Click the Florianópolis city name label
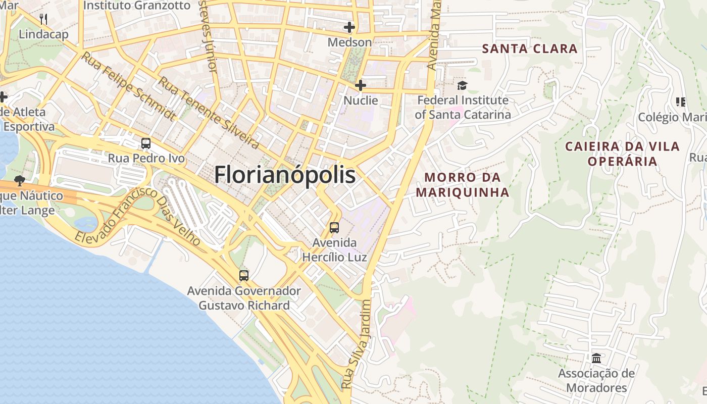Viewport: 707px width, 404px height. (x=285, y=175)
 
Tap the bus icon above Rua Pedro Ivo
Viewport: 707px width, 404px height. (x=146, y=143)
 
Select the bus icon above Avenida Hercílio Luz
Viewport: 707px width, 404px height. (x=334, y=228)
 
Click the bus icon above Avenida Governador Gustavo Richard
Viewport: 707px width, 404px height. (x=244, y=276)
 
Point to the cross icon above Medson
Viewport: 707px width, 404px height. (x=349, y=27)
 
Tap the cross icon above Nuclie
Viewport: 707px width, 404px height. (x=360, y=85)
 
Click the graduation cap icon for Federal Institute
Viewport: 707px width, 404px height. (x=463, y=85)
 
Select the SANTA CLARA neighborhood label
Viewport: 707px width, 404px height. (x=530, y=49)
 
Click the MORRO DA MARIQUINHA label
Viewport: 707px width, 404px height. (x=462, y=185)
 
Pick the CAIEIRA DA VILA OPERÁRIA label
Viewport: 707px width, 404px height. (x=622, y=154)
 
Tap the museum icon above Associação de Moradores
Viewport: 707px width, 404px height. (x=596, y=359)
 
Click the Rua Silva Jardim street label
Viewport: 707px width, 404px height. (x=356, y=344)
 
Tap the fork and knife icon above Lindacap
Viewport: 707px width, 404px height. (x=43, y=20)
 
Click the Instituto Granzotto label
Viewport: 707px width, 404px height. (x=137, y=6)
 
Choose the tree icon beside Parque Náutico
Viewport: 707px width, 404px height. (x=20, y=180)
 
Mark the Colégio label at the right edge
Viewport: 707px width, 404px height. (x=672, y=117)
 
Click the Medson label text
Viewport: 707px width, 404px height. (x=349, y=42)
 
